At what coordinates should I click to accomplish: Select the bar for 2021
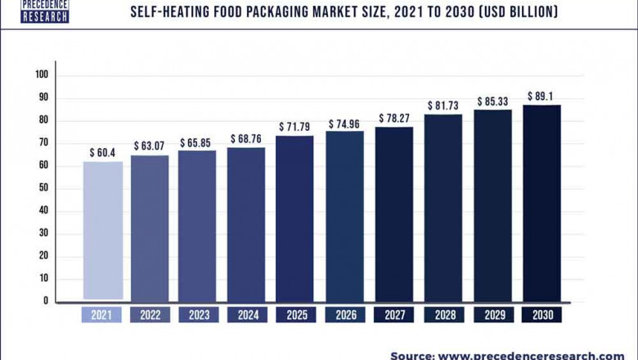102,230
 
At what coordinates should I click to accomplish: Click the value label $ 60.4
102,153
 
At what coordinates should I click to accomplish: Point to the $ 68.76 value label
246,139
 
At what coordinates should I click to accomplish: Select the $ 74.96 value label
344,124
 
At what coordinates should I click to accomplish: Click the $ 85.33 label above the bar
492,101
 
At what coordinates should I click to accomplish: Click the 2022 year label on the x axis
151,315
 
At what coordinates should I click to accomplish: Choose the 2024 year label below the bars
246,315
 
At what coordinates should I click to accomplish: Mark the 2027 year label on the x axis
393,315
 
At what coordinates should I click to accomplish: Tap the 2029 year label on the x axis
492,315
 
